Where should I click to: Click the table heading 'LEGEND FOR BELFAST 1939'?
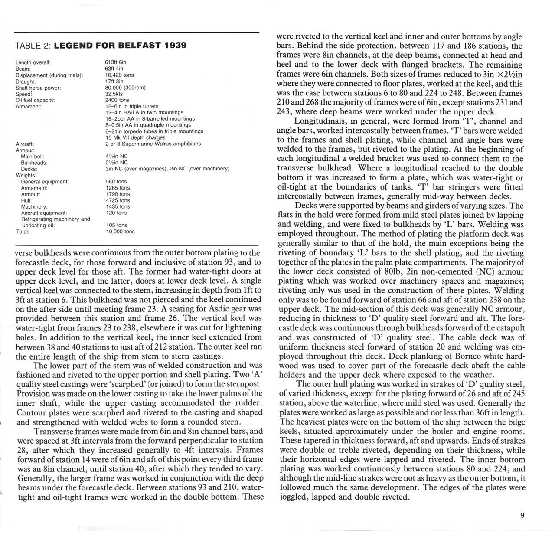click(121, 45)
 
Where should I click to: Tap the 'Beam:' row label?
click(23, 69)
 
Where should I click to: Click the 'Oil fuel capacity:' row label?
click(35, 100)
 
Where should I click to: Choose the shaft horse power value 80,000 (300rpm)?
click(125, 88)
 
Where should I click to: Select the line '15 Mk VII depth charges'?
click(135, 137)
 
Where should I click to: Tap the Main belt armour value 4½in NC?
click(117, 156)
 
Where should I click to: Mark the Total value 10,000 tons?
click(120, 232)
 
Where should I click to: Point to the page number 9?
click(522, 515)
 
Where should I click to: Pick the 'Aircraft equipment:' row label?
click(44, 213)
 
